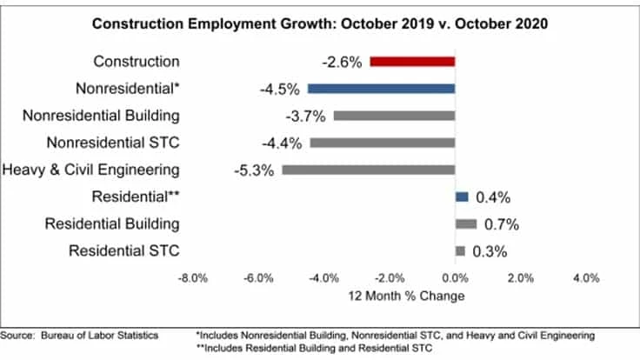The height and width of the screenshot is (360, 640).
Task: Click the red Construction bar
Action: pyautogui.click(x=412, y=62)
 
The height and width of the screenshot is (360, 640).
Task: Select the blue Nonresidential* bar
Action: pyautogui.click(x=381, y=89)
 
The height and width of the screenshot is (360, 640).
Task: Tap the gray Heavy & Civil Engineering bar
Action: pyautogui.click(x=369, y=170)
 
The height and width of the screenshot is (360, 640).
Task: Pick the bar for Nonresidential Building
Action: pyautogui.click(x=394, y=116)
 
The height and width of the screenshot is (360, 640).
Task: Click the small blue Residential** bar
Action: pyautogui.click(x=462, y=197)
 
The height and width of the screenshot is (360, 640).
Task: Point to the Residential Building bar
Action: pyautogui.click(x=466, y=223)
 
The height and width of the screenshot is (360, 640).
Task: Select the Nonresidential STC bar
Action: pyautogui.click(x=383, y=143)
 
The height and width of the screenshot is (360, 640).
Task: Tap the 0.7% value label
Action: pyautogui.click(x=502, y=224)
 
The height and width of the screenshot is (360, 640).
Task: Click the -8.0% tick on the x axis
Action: pyautogui.click(x=191, y=278)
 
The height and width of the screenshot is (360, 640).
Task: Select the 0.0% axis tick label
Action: pyautogui.click(x=454, y=278)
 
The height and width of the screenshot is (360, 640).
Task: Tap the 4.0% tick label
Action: pyautogui.click(x=585, y=278)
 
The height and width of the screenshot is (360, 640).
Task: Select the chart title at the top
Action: pyautogui.click(x=320, y=23)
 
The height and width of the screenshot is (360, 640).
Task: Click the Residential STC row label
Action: pyautogui.click(x=123, y=251)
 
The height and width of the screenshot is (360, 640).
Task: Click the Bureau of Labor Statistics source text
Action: pyautogui.click(x=83, y=334)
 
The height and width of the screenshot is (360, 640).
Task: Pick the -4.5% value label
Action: pyautogui.click(x=278, y=89)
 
